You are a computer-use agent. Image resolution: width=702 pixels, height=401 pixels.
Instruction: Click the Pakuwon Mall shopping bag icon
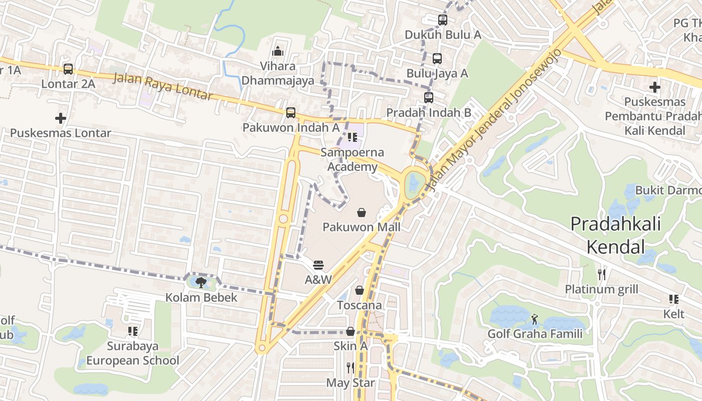tap(361, 213)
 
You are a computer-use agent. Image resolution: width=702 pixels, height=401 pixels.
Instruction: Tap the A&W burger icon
tap(318, 265)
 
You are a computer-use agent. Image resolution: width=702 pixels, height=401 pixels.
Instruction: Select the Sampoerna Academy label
tap(352, 159)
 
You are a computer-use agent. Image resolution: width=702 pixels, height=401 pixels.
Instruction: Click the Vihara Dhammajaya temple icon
tap(278, 51)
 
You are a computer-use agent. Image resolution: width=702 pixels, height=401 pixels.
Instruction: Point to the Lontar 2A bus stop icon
tap(68, 69)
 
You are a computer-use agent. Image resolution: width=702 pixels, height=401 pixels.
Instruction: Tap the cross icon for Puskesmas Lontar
tap(61, 118)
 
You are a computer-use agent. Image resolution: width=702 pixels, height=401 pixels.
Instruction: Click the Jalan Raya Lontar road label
tap(163, 86)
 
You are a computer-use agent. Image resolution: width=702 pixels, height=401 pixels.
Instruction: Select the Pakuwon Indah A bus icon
tap(291, 113)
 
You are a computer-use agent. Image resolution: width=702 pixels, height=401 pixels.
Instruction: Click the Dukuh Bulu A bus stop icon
tap(443, 20)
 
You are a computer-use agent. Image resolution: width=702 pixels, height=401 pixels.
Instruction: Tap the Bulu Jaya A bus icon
tap(437, 59)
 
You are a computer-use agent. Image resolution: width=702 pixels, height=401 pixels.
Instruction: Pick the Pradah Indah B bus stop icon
tap(429, 98)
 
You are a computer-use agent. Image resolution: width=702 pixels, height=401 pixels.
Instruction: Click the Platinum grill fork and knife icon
tap(602, 275)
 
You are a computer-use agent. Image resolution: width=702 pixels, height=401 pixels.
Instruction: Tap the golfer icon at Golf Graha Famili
tap(535, 319)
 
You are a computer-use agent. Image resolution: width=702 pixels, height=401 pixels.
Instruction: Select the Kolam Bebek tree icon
tap(202, 283)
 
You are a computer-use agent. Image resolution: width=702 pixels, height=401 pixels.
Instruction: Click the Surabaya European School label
tap(132, 353)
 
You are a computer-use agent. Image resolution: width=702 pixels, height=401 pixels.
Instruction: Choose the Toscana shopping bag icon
tap(360, 290)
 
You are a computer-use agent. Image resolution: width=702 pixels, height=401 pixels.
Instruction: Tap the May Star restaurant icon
tap(350, 368)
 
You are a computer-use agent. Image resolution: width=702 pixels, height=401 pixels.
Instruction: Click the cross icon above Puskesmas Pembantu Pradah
tap(654, 87)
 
